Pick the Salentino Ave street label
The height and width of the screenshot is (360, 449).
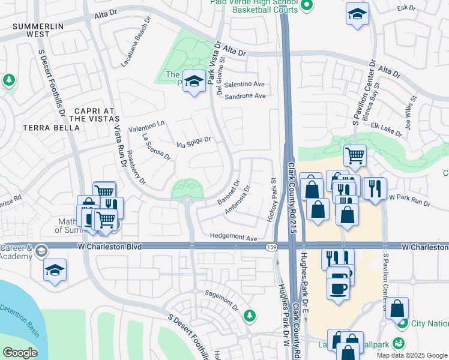(x=244, y=85)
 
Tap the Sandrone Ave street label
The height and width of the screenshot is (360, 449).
(x=244, y=96)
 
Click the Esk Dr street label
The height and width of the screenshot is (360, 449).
(x=411, y=8)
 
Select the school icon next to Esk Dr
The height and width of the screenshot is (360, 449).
(x=357, y=14)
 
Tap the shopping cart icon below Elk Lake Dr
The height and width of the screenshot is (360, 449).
(x=355, y=155)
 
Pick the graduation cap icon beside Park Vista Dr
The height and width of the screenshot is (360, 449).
(x=194, y=82)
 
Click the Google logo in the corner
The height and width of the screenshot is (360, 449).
(x=20, y=353)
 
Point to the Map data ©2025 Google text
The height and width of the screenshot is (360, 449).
(x=412, y=355)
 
